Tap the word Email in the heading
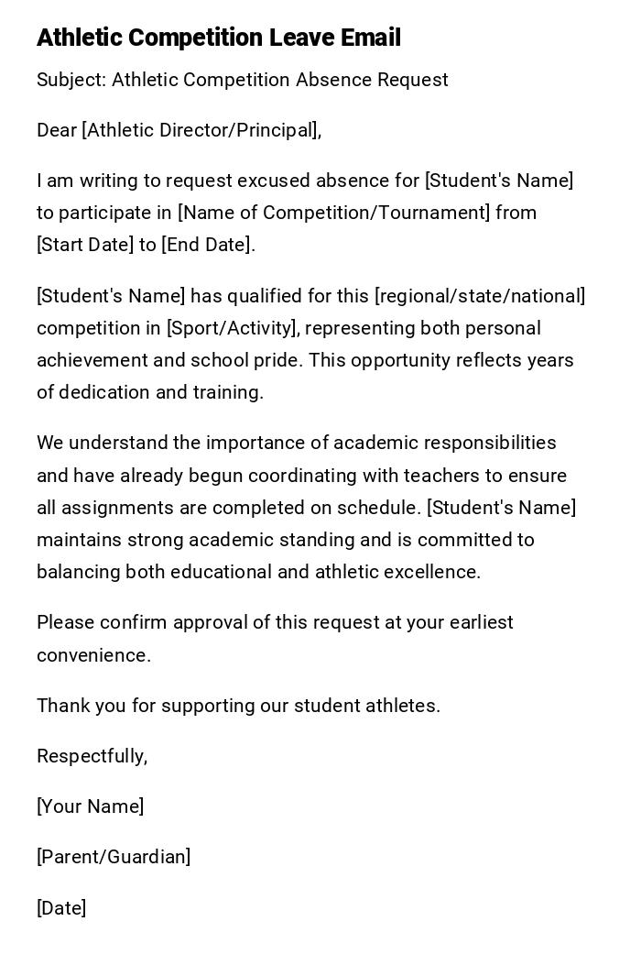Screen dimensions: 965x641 [371, 38]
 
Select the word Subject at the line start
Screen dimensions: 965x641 [71, 80]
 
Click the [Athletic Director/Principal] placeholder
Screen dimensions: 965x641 [201, 130]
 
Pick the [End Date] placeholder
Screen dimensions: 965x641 [206, 245]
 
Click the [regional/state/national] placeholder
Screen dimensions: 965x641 [480, 296]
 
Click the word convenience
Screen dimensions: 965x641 [93, 655]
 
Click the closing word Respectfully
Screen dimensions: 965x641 [92, 756]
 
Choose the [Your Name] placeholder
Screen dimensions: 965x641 [90, 806]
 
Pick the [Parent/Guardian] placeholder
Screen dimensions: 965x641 [114, 857]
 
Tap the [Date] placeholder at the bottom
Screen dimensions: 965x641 [61, 908]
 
